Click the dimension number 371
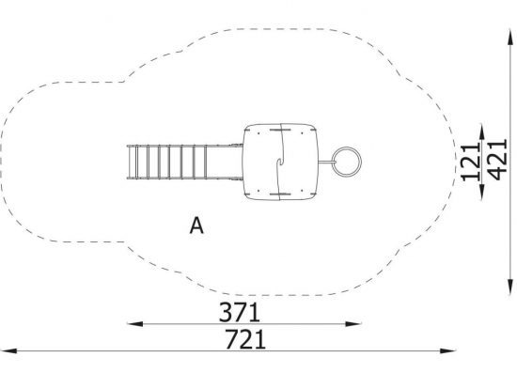[x=240, y=312]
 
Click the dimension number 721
[x=245, y=339]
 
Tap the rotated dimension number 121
[x=471, y=163]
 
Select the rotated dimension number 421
[x=497, y=160]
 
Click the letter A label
[x=196, y=225]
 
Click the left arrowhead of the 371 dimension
[x=134, y=324]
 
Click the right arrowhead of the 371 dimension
[x=353, y=324]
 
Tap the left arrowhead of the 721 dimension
[x=8, y=350]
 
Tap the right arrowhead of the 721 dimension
[x=447, y=350]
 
